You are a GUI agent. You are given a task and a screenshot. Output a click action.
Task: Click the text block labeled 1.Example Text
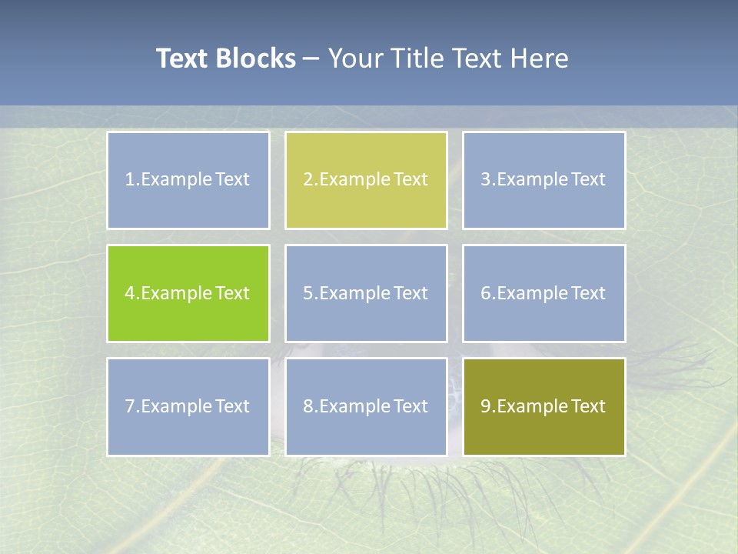coord(188,180)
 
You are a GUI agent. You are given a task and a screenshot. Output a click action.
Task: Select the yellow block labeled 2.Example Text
coord(366,180)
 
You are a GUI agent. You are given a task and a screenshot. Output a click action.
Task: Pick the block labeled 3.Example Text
coord(544,180)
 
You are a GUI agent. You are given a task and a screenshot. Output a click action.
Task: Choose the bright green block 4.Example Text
coord(188,293)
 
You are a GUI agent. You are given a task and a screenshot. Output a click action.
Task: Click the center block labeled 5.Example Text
coord(366,293)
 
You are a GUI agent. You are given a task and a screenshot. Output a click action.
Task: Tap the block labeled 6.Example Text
coord(544,293)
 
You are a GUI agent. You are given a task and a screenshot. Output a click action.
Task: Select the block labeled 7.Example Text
coord(188,406)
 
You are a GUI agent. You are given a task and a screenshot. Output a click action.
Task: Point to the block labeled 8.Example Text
coord(366,406)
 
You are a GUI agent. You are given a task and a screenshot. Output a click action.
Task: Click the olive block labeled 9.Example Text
coord(544,406)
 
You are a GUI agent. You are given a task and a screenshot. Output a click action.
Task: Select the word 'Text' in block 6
coord(588,293)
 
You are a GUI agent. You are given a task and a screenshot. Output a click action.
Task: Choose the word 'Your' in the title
coord(353,58)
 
